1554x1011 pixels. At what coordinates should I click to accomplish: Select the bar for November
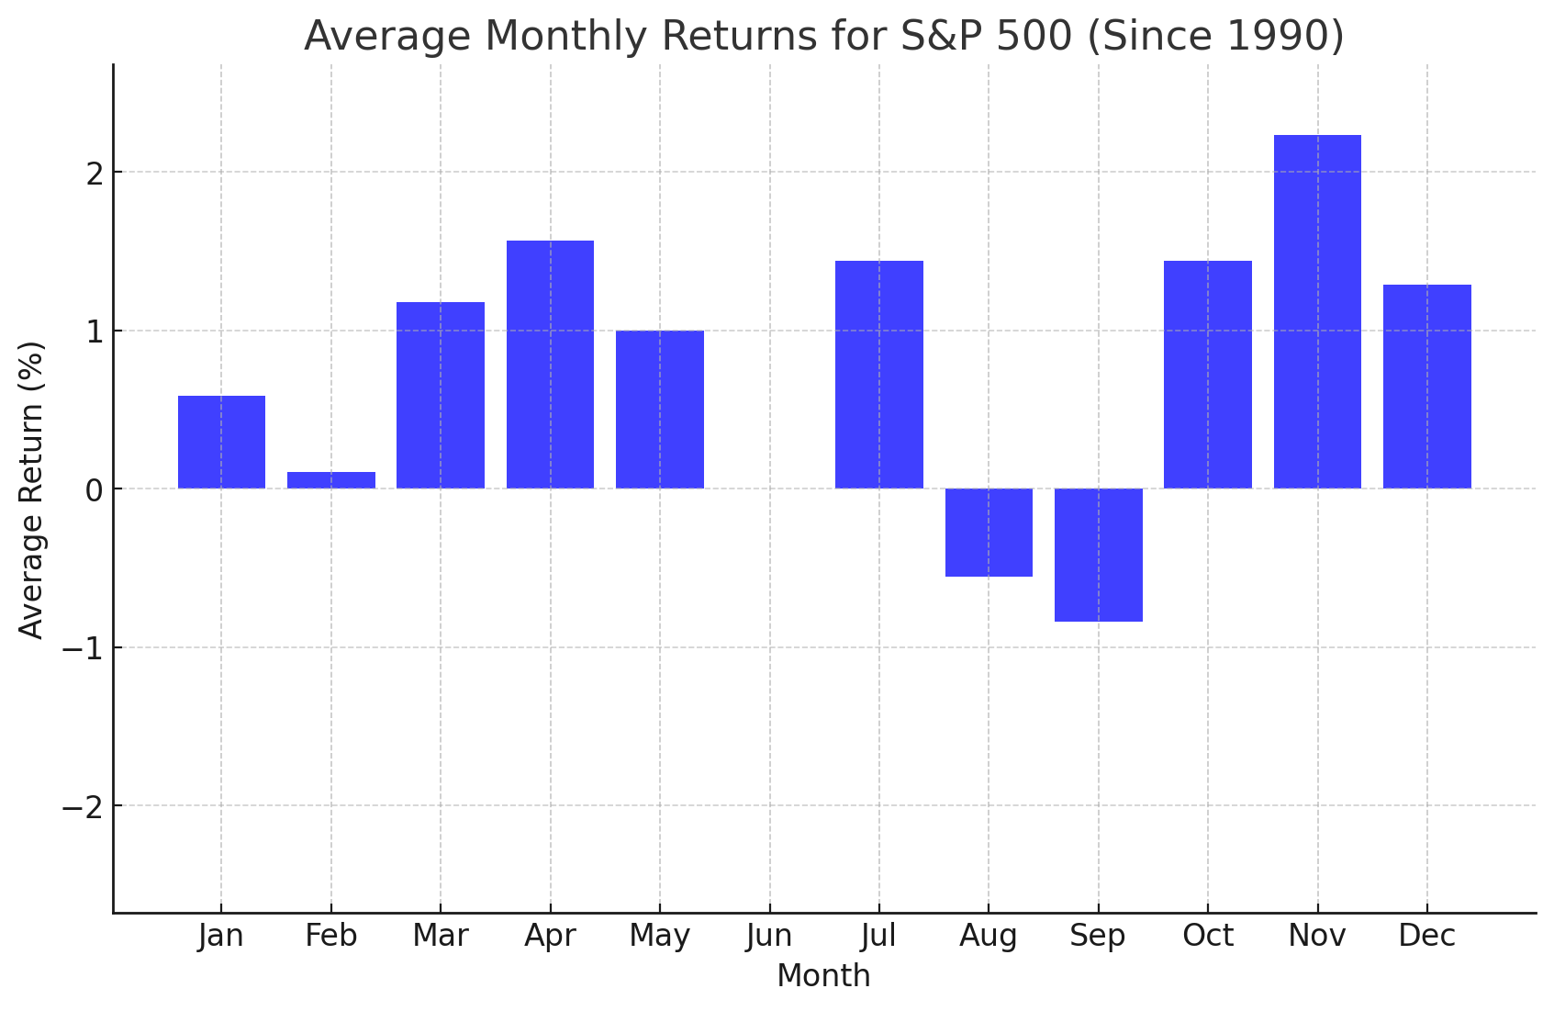pos(1317,312)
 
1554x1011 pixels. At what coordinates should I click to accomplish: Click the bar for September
pos(1098,555)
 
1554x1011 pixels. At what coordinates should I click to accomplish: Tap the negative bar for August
pos(989,533)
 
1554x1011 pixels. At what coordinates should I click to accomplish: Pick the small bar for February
pos(331,480)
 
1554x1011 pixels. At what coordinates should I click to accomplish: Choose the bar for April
pos(550,365)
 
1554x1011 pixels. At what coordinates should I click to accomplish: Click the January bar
pos(221,442)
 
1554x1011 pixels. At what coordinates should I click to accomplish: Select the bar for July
pos(878,375)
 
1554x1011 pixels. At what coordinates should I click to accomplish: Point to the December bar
pos(1426,387)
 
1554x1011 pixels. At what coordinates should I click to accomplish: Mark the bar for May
pos(659,410)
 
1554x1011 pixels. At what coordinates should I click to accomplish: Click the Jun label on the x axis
pos(769,936)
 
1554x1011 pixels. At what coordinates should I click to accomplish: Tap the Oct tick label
pos(1207,936)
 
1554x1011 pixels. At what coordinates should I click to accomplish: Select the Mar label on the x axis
pos(441,936)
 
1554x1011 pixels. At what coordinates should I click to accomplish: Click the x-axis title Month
pos(823,976)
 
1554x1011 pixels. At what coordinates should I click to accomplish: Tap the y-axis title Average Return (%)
pos(32,489)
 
